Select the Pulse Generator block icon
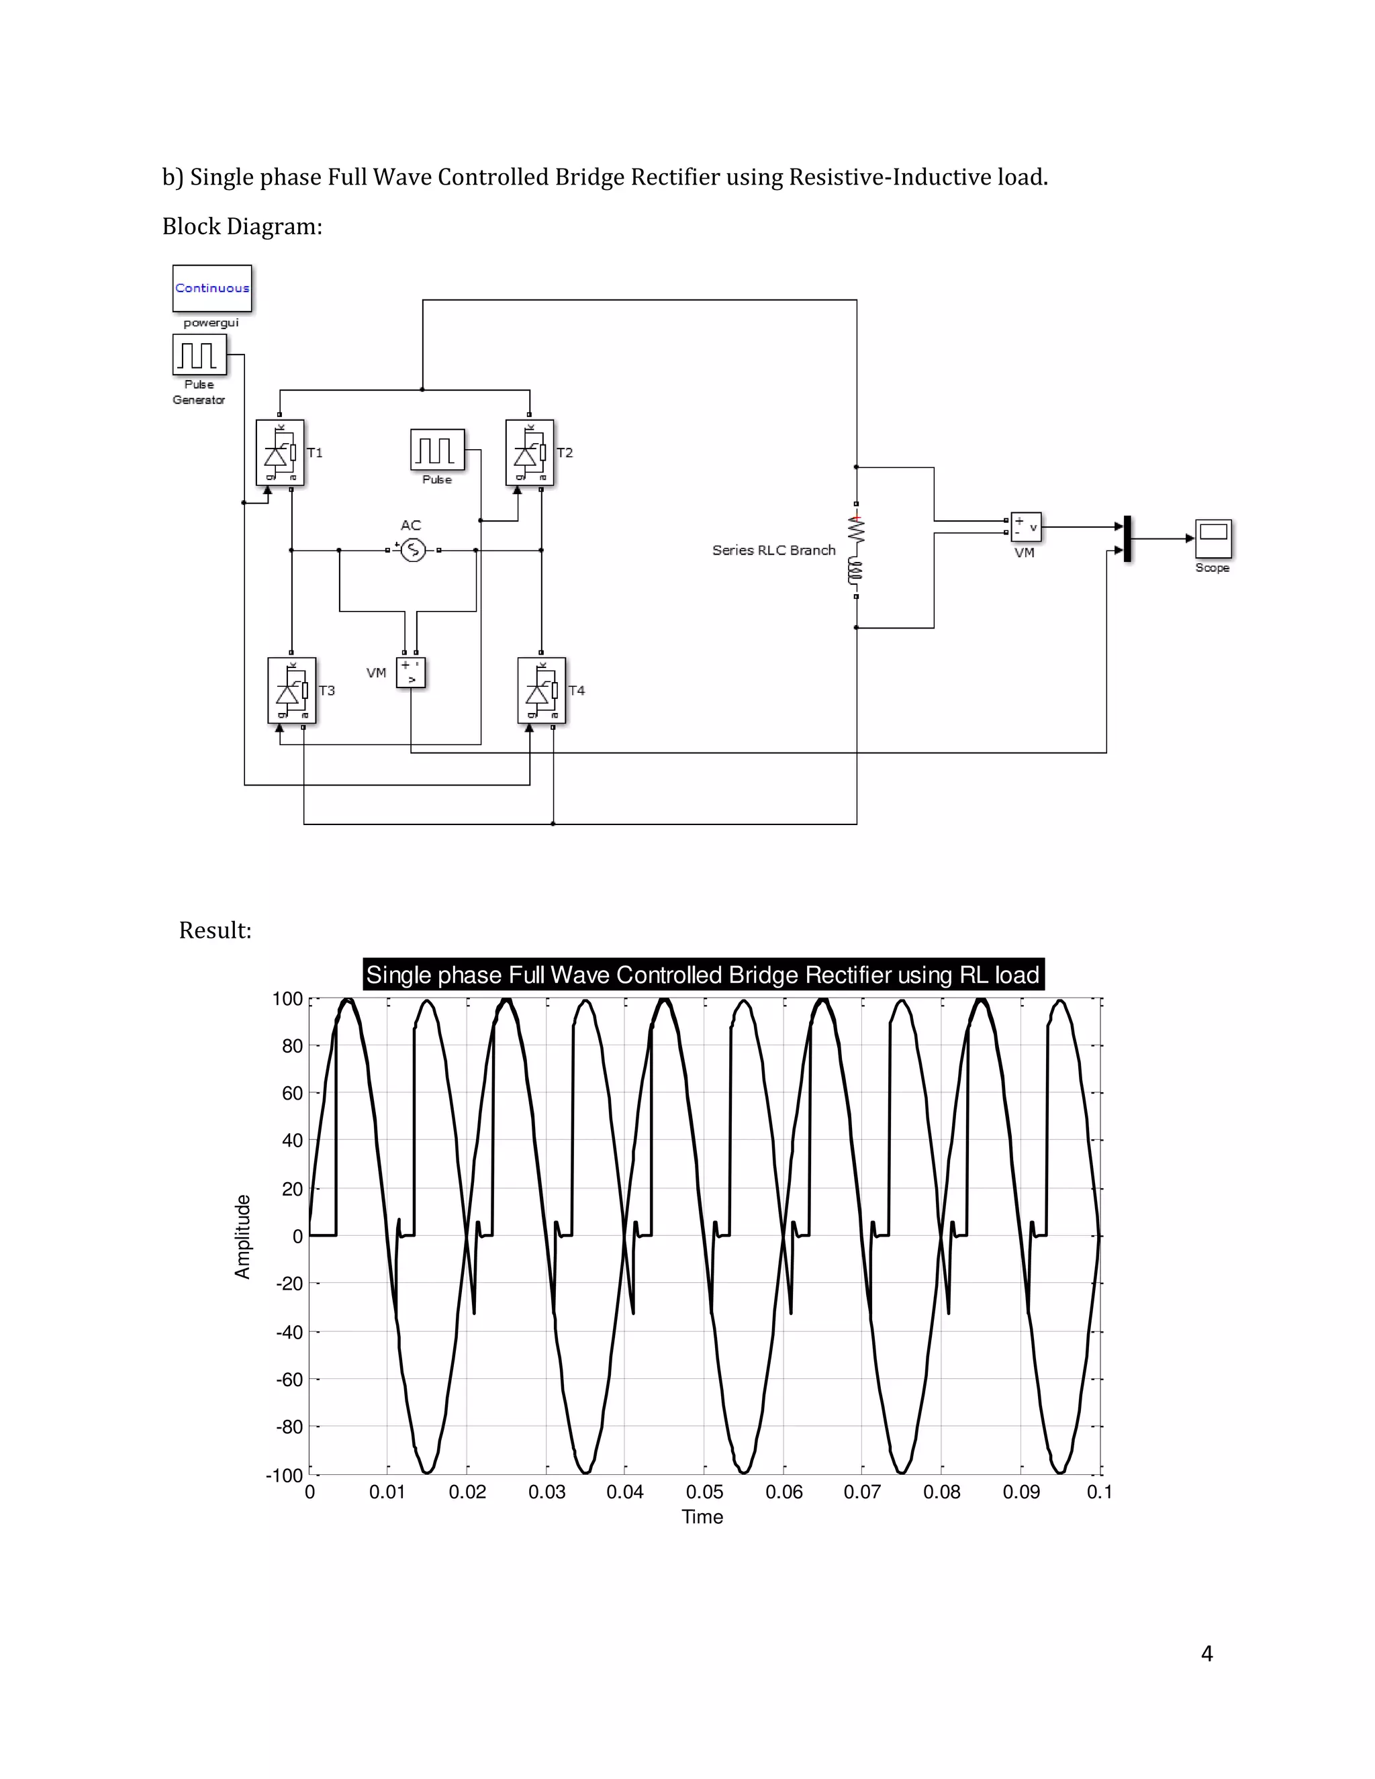(199, 355)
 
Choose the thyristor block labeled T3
(291, 691)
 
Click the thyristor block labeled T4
(542, 691)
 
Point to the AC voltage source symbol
(413, 550)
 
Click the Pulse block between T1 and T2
(438, 450)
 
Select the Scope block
(1213, 538)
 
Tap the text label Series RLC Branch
(774, 550)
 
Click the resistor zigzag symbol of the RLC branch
(856, 530)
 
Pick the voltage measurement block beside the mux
(1026, 527)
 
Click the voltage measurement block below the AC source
(410, 673)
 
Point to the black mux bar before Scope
(1127, 539)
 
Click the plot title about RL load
(703, 975)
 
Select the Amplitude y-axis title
(243, 1237)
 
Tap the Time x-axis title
(702, 1517)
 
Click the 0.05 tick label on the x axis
(704, 1492)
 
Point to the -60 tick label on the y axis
(290, 1380)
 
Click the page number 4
(1207, 1653)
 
